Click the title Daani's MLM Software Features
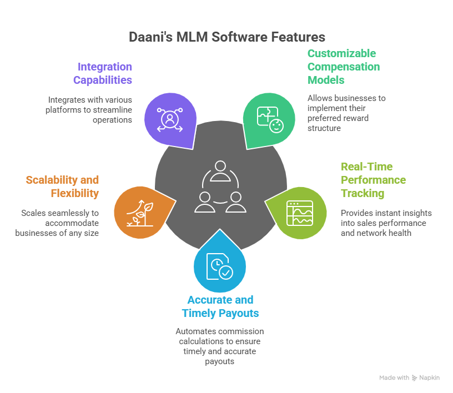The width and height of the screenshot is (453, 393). click(226, 37)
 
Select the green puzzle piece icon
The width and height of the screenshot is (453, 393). click(269, 119)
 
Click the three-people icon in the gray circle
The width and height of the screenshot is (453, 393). click(219, 187)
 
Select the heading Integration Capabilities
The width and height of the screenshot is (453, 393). click(103, 73)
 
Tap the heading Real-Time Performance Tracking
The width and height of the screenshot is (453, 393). click(373, 180)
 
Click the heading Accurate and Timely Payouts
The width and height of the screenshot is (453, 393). click(220, 306)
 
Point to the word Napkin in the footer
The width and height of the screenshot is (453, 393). click(430, 377)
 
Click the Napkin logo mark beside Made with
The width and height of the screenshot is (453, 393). click(414, 377)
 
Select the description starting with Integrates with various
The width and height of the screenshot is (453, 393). click(89, 109)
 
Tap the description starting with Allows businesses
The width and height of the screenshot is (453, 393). click(346, 113)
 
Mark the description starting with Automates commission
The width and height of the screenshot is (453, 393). click(218, 345)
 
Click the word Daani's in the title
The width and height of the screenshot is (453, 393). click(149, 37)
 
